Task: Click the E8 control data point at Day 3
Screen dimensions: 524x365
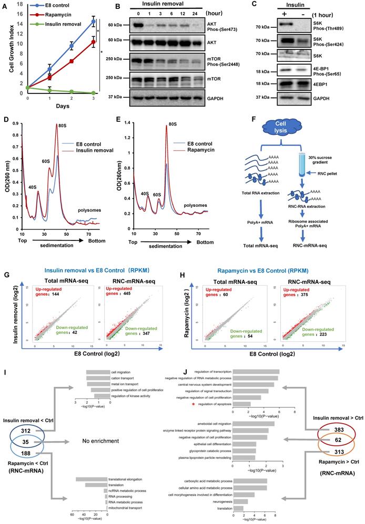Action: coord(94,22)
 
